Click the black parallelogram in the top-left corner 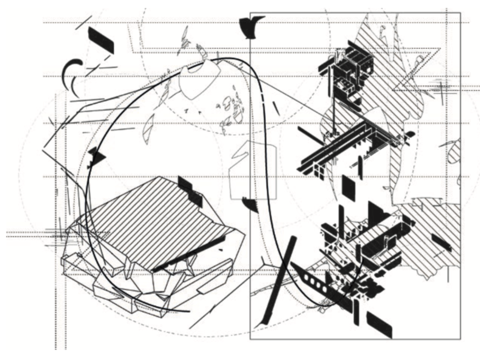point(101,40)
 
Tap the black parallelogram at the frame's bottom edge point(379,324)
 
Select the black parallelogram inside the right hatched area point(441,243)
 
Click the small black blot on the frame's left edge point(250,204)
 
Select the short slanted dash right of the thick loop point(276,108)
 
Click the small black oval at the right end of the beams point(411,134)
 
